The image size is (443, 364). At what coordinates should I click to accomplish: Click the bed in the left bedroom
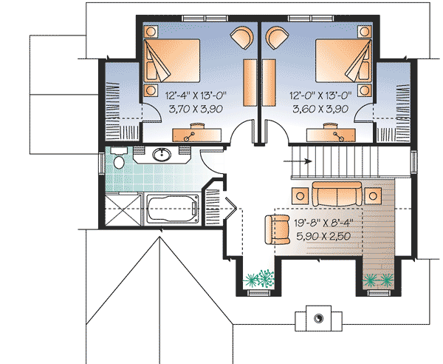[174, 59]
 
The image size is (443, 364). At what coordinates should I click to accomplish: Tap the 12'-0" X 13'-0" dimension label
[329, 95]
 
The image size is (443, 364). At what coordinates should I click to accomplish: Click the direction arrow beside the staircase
[284, 158]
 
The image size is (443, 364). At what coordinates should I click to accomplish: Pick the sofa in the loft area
[337, 194]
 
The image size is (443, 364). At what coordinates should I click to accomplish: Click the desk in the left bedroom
[190, 134]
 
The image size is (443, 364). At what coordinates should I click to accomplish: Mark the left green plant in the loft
[259, 280]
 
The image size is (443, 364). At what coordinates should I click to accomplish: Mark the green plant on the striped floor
[380, 280]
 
